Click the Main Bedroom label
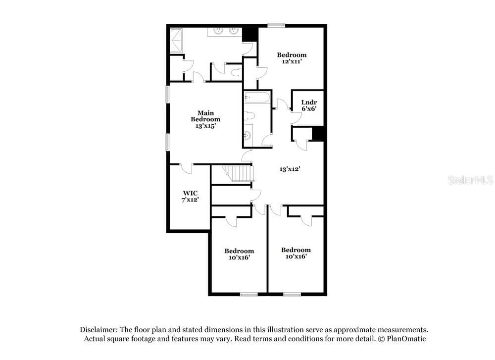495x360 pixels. [x=205, y=116]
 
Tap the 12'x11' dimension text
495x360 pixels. [x=292, y=61]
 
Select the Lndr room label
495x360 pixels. [x=309, y=102]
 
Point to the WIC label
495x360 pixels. [x=191, y=193]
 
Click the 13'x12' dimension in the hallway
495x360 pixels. [x=290, y=169]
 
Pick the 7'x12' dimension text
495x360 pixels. [x=190, y=200]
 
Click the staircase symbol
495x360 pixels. [x=238, y=173]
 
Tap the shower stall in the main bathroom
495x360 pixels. [x=177, y=41]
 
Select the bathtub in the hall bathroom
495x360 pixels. [x=257, y=97]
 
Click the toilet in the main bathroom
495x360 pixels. [x=236, y=73]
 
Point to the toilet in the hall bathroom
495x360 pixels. [x=249, y=116]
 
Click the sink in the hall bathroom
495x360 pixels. [x=248, y=136]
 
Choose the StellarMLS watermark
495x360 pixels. [x=471, y=180]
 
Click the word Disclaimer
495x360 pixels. [x=99, y=330]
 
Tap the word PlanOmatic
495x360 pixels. [x=406, y=339]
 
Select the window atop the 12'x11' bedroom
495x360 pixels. [x=276, y=26]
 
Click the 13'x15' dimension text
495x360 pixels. [x=205, y=126]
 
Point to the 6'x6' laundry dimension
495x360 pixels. [x=309, y=108]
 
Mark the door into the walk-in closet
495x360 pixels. [x=186, y=168]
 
